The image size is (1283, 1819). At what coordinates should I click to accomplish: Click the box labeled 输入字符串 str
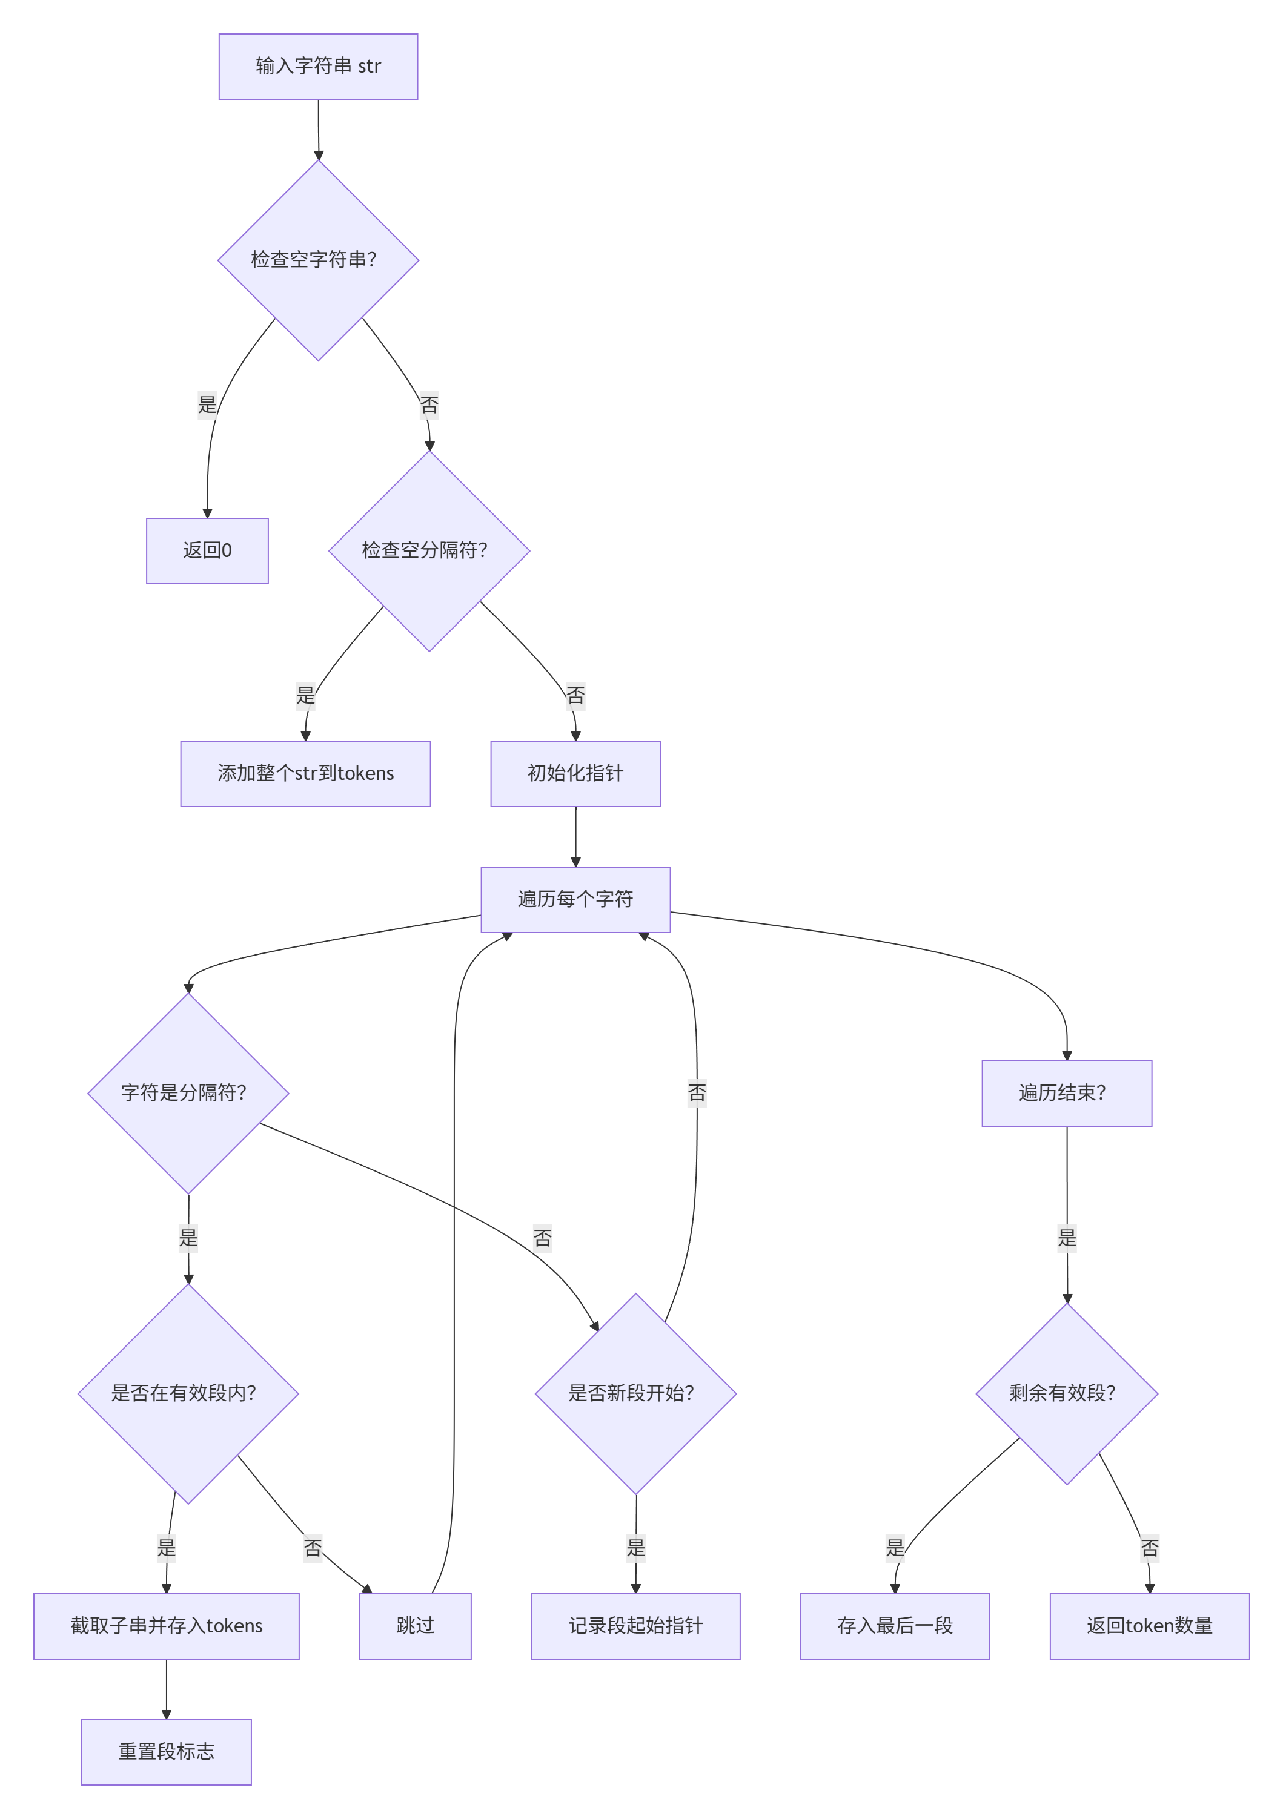coord(318,67)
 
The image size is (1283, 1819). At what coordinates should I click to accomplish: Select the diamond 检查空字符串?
coord(318,260)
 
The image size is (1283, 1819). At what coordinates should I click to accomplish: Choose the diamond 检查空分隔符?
coord(429,550)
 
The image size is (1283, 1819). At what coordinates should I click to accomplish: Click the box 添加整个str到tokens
coord(305,773)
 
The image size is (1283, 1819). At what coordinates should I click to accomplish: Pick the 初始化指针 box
coord(575,773)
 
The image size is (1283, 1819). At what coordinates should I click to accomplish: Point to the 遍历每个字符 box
coord(575,899)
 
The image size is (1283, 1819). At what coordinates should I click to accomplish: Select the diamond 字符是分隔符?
coord(188,1094)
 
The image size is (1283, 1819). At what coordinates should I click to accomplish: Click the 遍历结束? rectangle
coord(1067,1094)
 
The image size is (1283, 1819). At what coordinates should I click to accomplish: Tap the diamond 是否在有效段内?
coord(188,1393)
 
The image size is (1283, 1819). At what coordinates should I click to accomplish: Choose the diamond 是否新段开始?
coord(635,1393)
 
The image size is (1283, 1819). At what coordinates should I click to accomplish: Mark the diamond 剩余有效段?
coord(1067,1393)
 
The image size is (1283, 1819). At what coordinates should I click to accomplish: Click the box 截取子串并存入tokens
coord(167,1626)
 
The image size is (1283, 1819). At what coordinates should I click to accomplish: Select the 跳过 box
coord(416,1626)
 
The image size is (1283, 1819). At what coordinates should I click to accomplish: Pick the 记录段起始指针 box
coord(635,1626)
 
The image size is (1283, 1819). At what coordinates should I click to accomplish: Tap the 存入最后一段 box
coord(895,1626)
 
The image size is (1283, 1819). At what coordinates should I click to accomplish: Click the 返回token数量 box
coord(1149,1626)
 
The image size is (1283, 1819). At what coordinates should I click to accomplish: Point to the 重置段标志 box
coord(167,1752)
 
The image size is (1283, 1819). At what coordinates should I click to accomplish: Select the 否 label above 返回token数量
coord(1149,1548)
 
